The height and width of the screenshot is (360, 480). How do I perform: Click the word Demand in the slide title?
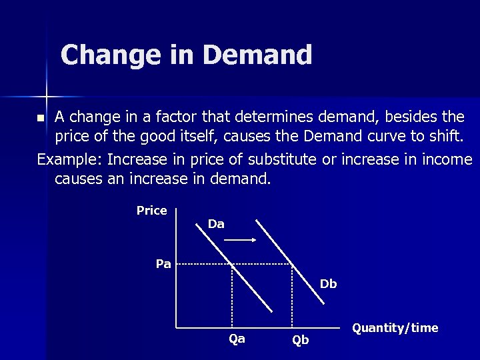click(x=257, y=55)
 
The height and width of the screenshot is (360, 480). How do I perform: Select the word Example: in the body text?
click(x=69, y=160)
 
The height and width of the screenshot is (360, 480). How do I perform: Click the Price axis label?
click(x=151, y=211)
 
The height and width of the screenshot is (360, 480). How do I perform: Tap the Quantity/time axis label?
click(x=395, y=327)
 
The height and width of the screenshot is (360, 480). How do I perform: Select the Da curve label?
click(x=216, y=225)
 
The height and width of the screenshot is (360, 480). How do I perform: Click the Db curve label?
click(x=328, y=284)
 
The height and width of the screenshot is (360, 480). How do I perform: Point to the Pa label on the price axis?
click(x=163, y=264)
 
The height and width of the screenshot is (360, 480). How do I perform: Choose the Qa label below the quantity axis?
click(x=237, y=339)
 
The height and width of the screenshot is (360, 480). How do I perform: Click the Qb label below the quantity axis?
click(x=301, y=340)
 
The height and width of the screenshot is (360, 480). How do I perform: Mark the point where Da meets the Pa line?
click(x=231, y=264)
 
